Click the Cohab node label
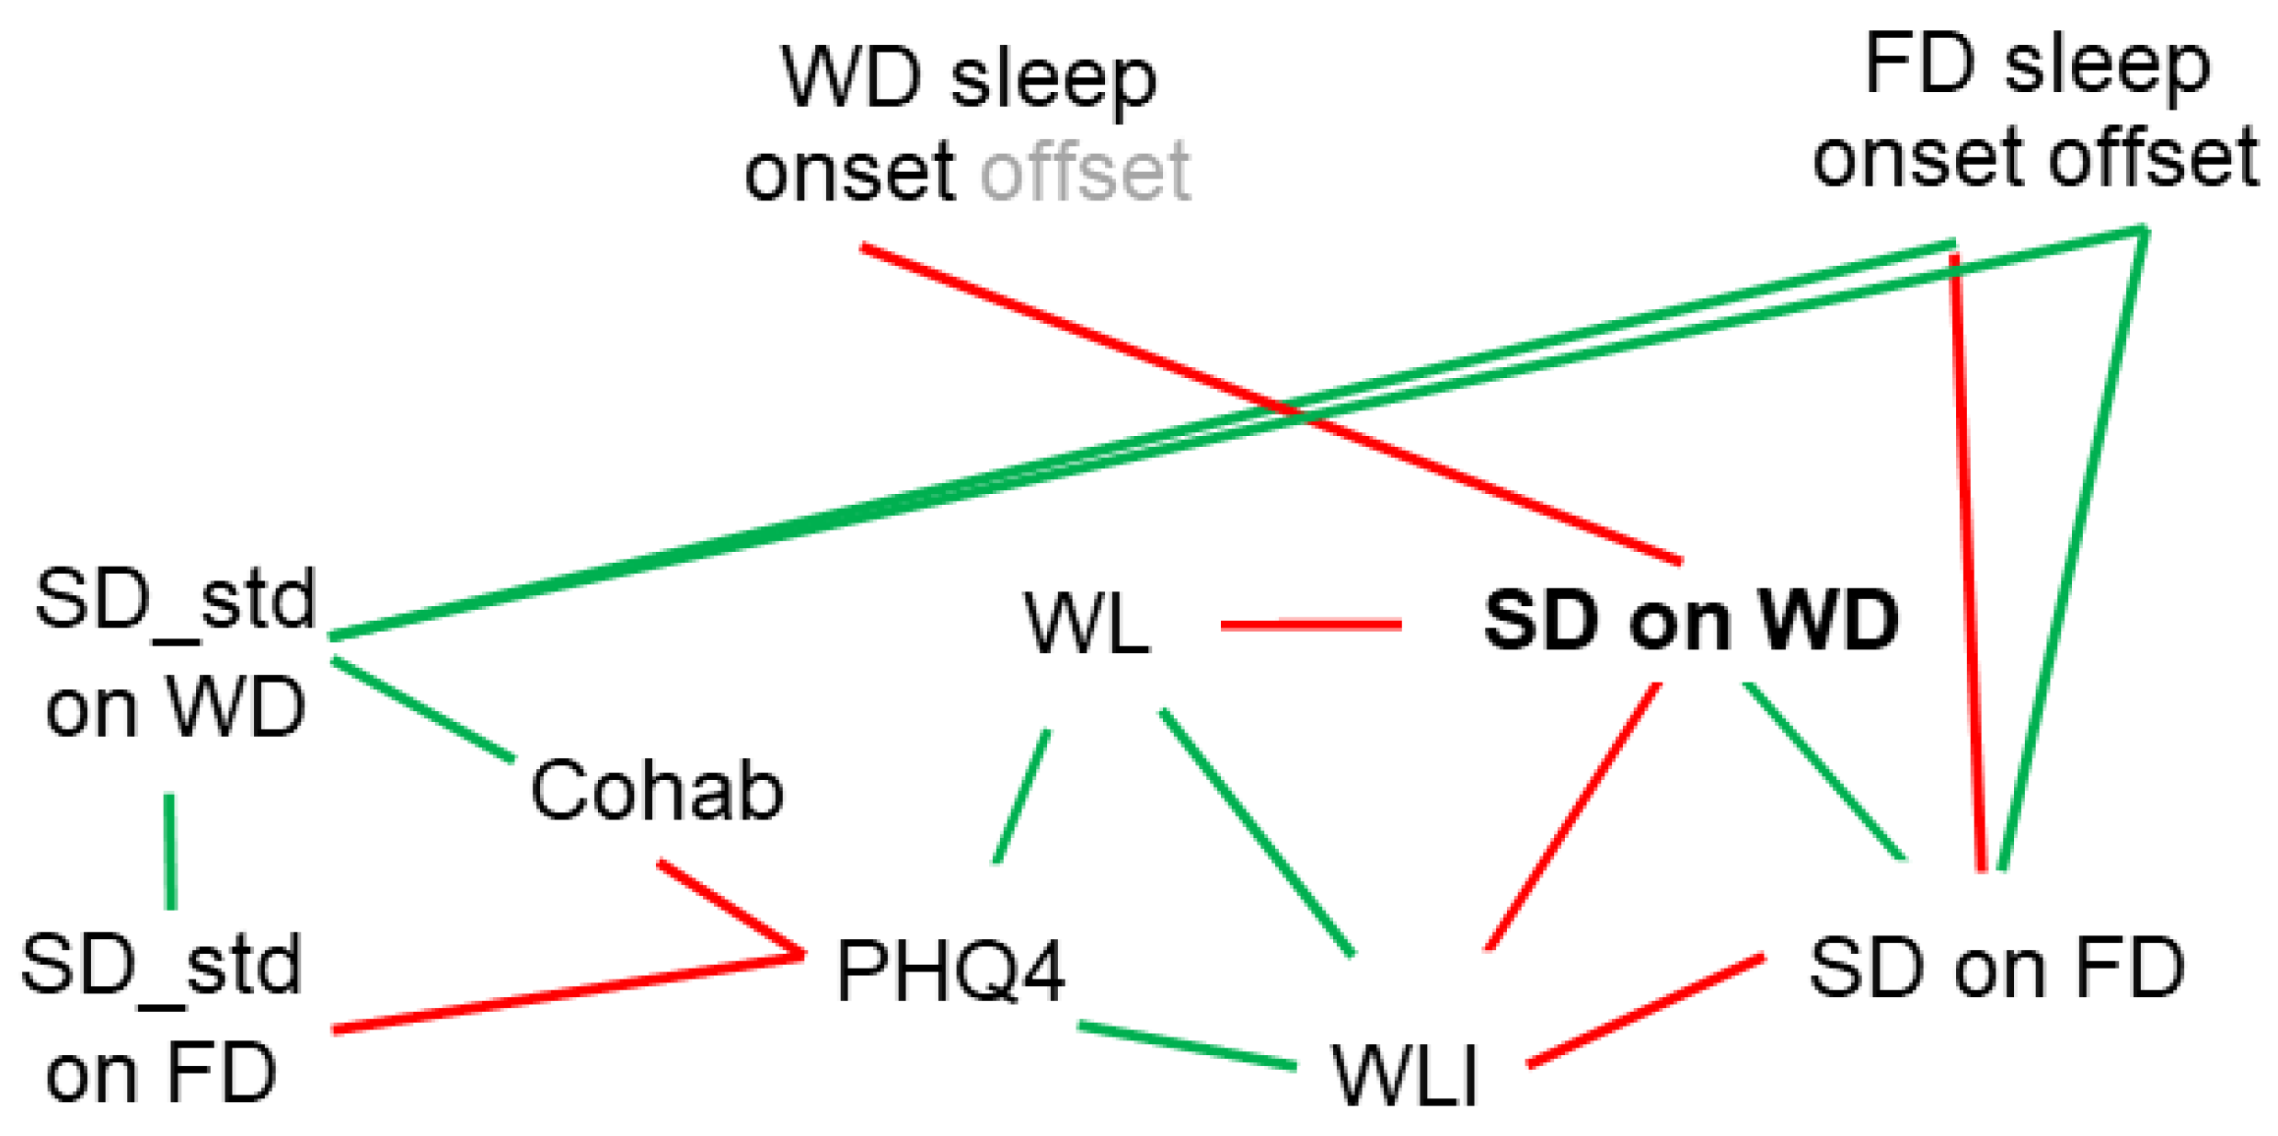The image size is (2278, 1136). (x=656, y=790)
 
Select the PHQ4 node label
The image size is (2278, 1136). (x=950, y=970)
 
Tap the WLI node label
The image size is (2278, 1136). (x=1404, y=1075)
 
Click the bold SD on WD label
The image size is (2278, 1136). (x=1691, y=621)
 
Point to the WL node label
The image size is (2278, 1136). (x=1087, y=625)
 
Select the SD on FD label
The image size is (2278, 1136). (x=1996, y=968)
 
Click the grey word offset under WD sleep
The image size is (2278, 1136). (x=1086, y=172)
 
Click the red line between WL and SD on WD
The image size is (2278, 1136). (x=1310, y=625)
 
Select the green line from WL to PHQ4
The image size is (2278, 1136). (x=1022, y=797)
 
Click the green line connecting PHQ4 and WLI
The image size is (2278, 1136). (x=1187, y=1046)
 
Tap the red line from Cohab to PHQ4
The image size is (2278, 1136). (x=731, y=909)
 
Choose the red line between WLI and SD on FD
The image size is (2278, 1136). (x=1646, y=1011)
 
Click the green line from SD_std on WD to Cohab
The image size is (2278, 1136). (x=423, y=710)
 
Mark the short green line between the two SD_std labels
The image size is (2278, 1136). (x=170, y=851)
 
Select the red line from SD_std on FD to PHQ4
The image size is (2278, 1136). (x=567, y=994)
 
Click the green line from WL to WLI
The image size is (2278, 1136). (x=1257, y=833)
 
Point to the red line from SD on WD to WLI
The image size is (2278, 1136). (x=1574, y=816)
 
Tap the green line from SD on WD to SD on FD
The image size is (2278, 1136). (x=1824, y=772)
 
